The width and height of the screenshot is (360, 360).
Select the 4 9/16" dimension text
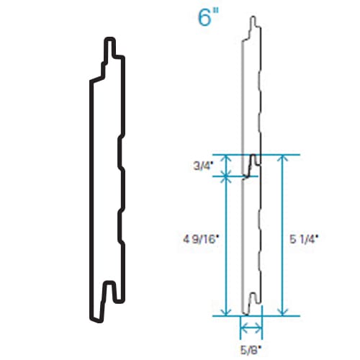tap(202, 236)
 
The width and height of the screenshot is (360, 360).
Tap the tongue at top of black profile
tap(112, 49)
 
